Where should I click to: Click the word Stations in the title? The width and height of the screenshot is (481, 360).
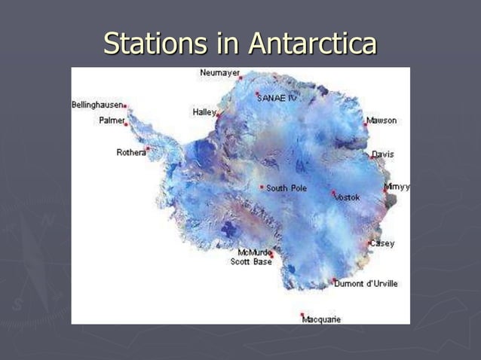point(155,44)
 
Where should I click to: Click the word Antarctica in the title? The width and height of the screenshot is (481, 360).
point(312,44)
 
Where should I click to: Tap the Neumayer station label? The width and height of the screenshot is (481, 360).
point(220,73)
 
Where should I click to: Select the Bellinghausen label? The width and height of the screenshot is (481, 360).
point(97,105)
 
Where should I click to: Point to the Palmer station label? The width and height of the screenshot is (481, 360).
point(112,121)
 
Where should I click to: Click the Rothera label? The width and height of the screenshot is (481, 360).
point(130,152)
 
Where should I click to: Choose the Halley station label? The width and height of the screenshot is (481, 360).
point(204,111)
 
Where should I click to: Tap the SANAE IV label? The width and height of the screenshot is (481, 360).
point(277,98)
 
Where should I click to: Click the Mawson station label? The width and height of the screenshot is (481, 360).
point(381,121)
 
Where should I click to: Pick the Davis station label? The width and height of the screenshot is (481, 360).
point(382,154)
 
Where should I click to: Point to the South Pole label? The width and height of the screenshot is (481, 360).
point(286,188)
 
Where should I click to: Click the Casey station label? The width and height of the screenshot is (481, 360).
point(382,243)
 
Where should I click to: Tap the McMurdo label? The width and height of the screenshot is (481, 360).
point(253,252)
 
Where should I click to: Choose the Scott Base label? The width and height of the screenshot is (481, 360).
point(251,262)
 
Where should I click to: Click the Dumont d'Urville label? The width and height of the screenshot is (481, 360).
point(367,284)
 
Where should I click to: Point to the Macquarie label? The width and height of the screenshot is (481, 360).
point(322,319)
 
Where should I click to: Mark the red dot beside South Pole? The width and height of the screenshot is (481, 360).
point(262,188)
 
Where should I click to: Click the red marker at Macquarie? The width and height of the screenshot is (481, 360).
point(302,315)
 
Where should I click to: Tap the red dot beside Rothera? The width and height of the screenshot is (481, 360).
point(148,149)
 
